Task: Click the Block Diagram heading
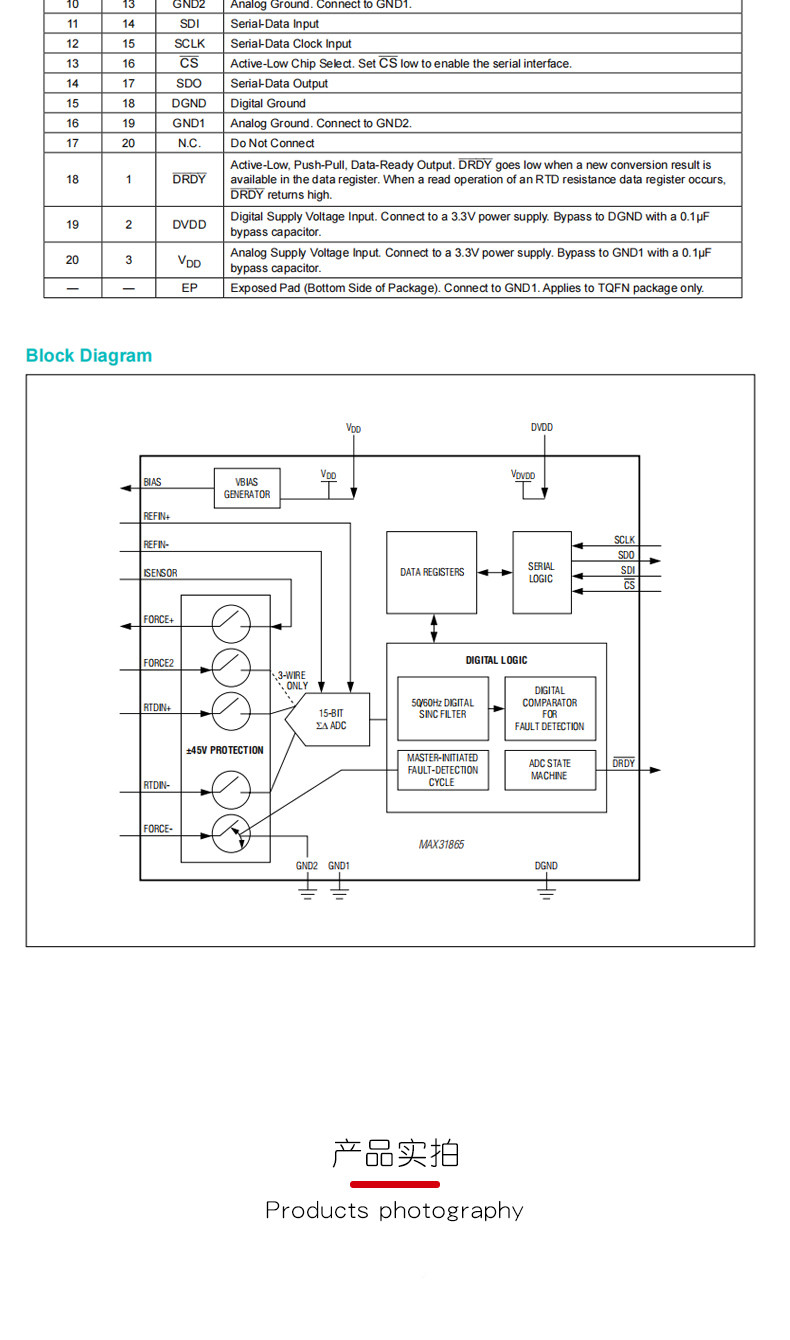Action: pyautogui.click(x=89, y=355)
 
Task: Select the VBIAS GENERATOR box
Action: pyautogui.click(x=247, y=488)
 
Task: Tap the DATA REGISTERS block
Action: pyautogui.click(x=431, y=572)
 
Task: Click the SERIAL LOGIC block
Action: pyautogui.click(x=542, y=572)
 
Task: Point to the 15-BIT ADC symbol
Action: pyautogui.click(x=328, y=719)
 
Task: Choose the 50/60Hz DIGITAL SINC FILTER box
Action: pyautogui.click(x=443, y=708)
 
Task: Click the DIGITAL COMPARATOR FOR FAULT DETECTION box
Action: pyautogui.click(x=550, y=708)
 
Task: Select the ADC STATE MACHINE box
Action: pyautogui.click(x=550, y=770)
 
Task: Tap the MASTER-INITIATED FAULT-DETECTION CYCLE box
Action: pyautogui.click(x=443, y=770)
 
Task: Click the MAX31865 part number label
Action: pyautogui.click(x=441, y=845)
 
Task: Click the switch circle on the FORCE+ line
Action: pyautogui.click(x=231, y=624)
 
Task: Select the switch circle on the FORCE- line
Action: pyautogui.click(x=231, y=833)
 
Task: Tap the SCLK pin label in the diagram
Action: pyautogui.click(x=624, y=540)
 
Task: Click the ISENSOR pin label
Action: pyautogui.click(x=160, y=573)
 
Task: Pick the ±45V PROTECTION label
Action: pyautogui.click(x=225, y=750)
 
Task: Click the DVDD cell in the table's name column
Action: pyautogui.click(x=189, y=224)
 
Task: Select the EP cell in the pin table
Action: pyautogui.click(x=189, y=288)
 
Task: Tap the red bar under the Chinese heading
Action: pyautogui.click(x=395, y=1184)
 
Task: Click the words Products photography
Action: pyautogui.click(x=395, y=1211)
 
